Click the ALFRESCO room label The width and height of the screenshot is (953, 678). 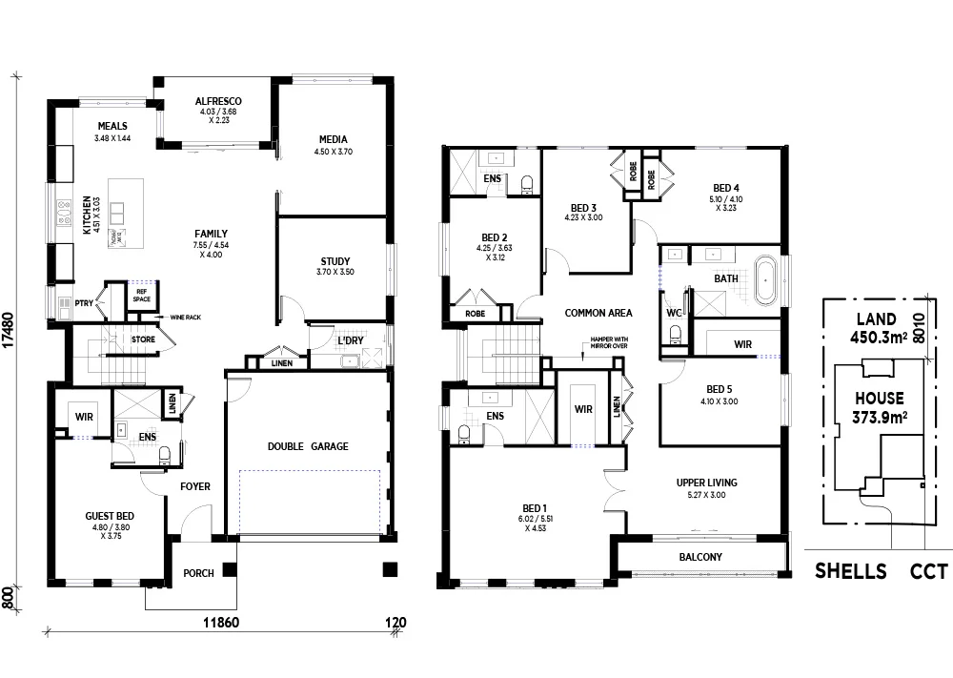(217, 101)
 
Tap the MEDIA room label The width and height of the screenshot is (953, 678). (333, 139)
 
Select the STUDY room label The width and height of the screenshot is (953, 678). (334, 261)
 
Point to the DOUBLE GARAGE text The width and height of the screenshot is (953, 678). (308, 446)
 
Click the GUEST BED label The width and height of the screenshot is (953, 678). (109, 516)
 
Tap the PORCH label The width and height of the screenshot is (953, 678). (198, 574)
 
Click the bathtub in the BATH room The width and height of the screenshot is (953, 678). (767, 279)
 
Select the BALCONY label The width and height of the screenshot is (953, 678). (700, 558)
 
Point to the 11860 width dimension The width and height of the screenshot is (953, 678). (226, 624)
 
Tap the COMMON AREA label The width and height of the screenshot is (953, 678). (598, 313)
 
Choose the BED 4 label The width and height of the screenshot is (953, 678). (725, 188)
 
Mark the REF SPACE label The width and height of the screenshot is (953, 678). (142, 296)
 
